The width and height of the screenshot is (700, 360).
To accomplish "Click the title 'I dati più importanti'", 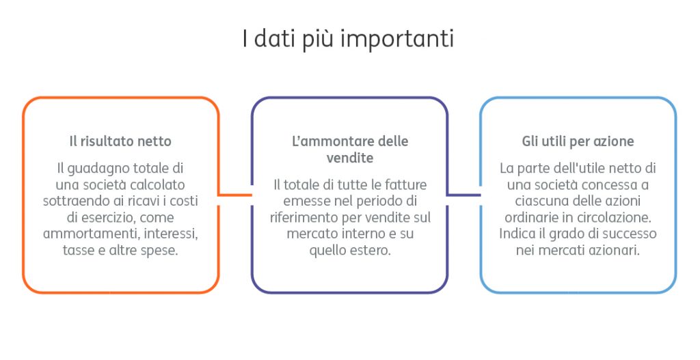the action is [x=348, y=38].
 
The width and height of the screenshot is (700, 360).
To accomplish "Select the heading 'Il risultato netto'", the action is [x=120, y=141].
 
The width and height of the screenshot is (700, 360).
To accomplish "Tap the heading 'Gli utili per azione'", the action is [x=578, y=141].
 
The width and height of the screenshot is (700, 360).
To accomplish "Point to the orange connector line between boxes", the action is [x=235, y=195].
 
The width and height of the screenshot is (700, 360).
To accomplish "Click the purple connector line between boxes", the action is [x=463, y=195].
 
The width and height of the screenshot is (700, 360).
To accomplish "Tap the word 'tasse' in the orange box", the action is [x=79, y=250].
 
